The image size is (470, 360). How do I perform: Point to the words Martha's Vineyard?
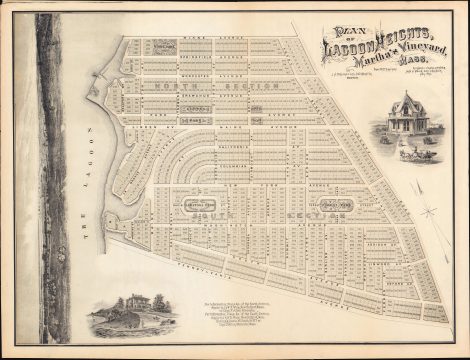point(418,49)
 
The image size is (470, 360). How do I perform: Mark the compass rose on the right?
point(430,211)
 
